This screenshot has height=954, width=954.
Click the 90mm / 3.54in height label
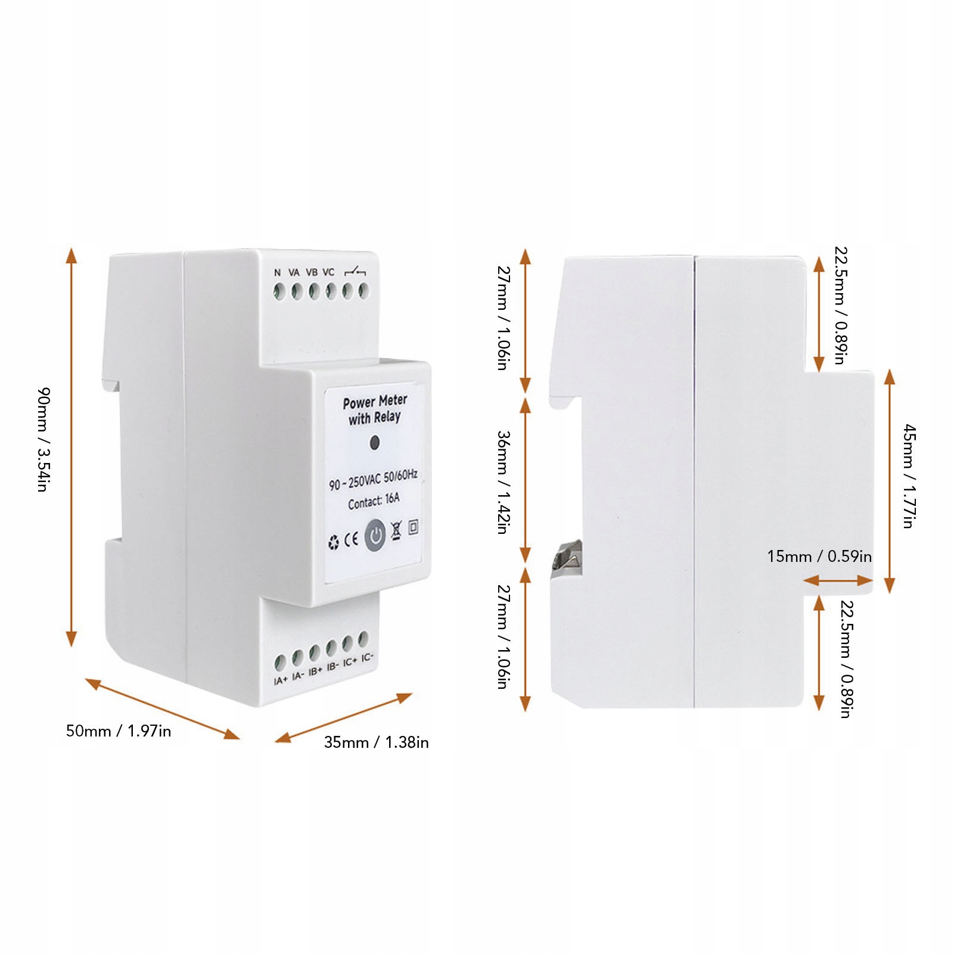[x=43, y=439]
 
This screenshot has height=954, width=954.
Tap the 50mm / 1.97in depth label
[x=118, y=731]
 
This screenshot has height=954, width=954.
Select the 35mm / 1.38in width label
[x=376, y=742]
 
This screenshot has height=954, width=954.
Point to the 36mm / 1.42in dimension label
[x=504, y=482]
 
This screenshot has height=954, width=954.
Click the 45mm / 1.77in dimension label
[x=908, y=476]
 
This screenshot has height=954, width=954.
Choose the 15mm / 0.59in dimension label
[x=819, y=557]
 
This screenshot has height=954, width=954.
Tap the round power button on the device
[x=375, y=535]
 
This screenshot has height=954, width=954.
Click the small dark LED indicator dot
[x=375, y=443]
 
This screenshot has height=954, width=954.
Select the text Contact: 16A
[x=374, y=501]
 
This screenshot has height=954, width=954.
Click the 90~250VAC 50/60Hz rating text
[x=373, y=480]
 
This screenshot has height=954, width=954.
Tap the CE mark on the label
[x=352, y=540]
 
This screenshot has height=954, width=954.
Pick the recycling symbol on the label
[x=334, y=543]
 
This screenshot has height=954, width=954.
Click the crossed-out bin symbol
[x=396, y=531]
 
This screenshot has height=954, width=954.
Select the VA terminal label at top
[x=294, y=272]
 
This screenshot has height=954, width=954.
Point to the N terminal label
[x=277, y=272]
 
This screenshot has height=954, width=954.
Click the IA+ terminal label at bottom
[x=280, y=680]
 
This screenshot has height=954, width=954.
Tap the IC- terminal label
[x=367, y=658]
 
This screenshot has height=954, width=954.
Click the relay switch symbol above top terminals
[x=355, y=272]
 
